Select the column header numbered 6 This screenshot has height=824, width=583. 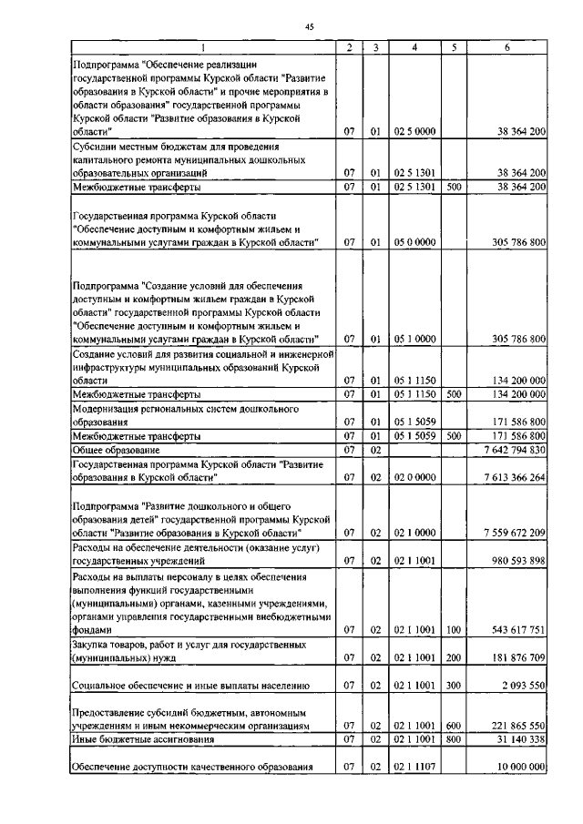[x=506, y=46]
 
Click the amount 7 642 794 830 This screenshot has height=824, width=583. [x=507, y=450]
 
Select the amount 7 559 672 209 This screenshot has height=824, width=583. [x=507, y=532]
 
